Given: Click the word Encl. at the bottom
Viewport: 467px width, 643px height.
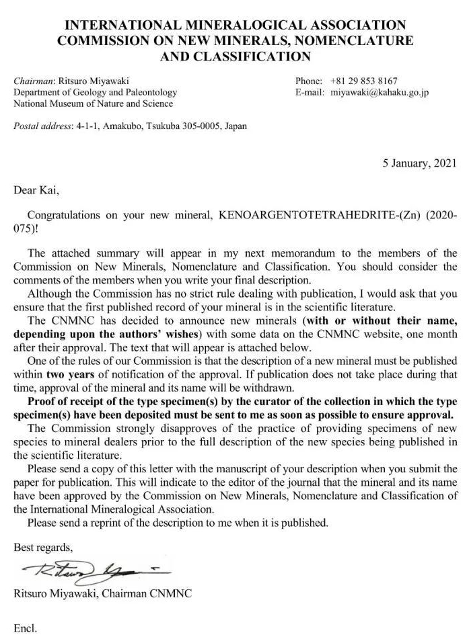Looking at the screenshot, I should tap(25, 628).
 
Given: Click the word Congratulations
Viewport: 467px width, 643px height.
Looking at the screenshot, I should tap(63, 216).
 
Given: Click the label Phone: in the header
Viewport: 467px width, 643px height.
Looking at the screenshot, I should tap(308, 81).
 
